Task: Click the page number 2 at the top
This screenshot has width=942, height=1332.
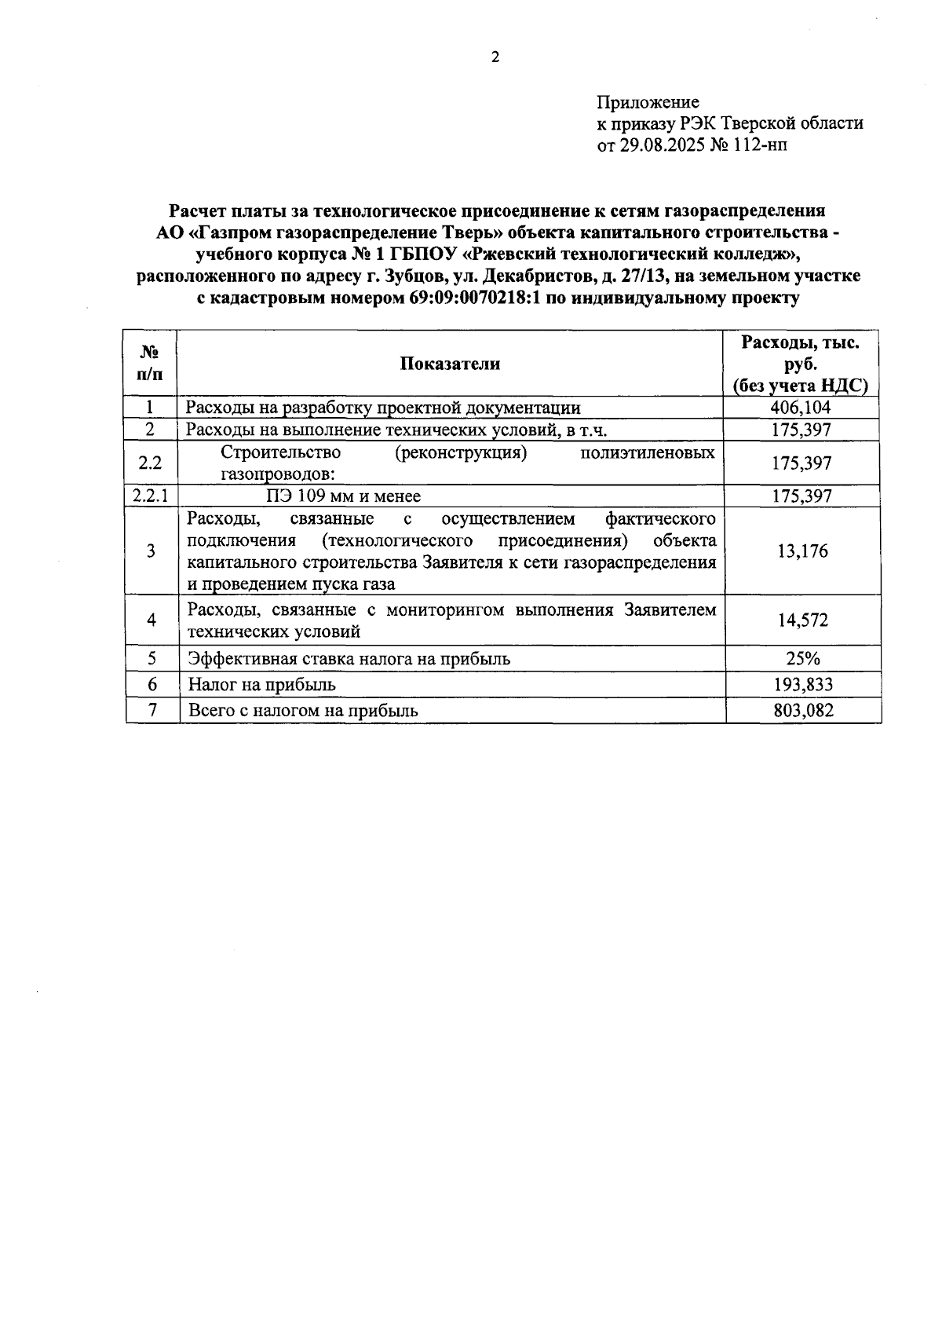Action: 495,57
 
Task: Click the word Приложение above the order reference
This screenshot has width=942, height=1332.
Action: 648,102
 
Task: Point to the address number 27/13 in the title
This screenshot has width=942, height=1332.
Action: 645,276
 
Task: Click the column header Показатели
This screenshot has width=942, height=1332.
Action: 450,363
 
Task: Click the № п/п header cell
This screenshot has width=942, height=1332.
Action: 150,363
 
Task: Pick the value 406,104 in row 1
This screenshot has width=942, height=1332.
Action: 801,407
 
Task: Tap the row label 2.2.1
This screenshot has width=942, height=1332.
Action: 150,496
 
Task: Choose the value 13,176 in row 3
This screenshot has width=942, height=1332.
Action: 802,551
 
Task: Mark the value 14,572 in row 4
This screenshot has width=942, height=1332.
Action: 802,620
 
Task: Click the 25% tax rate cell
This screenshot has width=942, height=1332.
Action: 802,658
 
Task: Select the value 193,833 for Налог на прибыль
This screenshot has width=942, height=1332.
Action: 802,684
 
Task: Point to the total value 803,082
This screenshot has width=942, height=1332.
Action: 802,711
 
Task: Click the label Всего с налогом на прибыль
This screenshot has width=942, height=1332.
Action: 303,711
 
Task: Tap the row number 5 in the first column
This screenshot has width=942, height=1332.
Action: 152,658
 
